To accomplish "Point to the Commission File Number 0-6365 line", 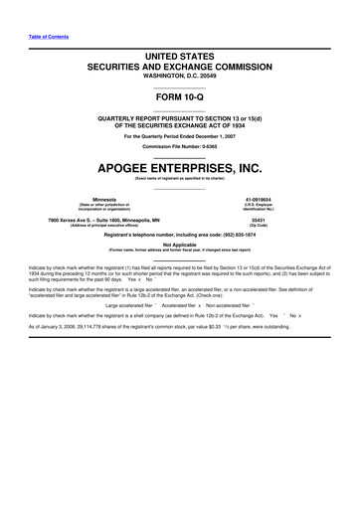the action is [x=180, y=146].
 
